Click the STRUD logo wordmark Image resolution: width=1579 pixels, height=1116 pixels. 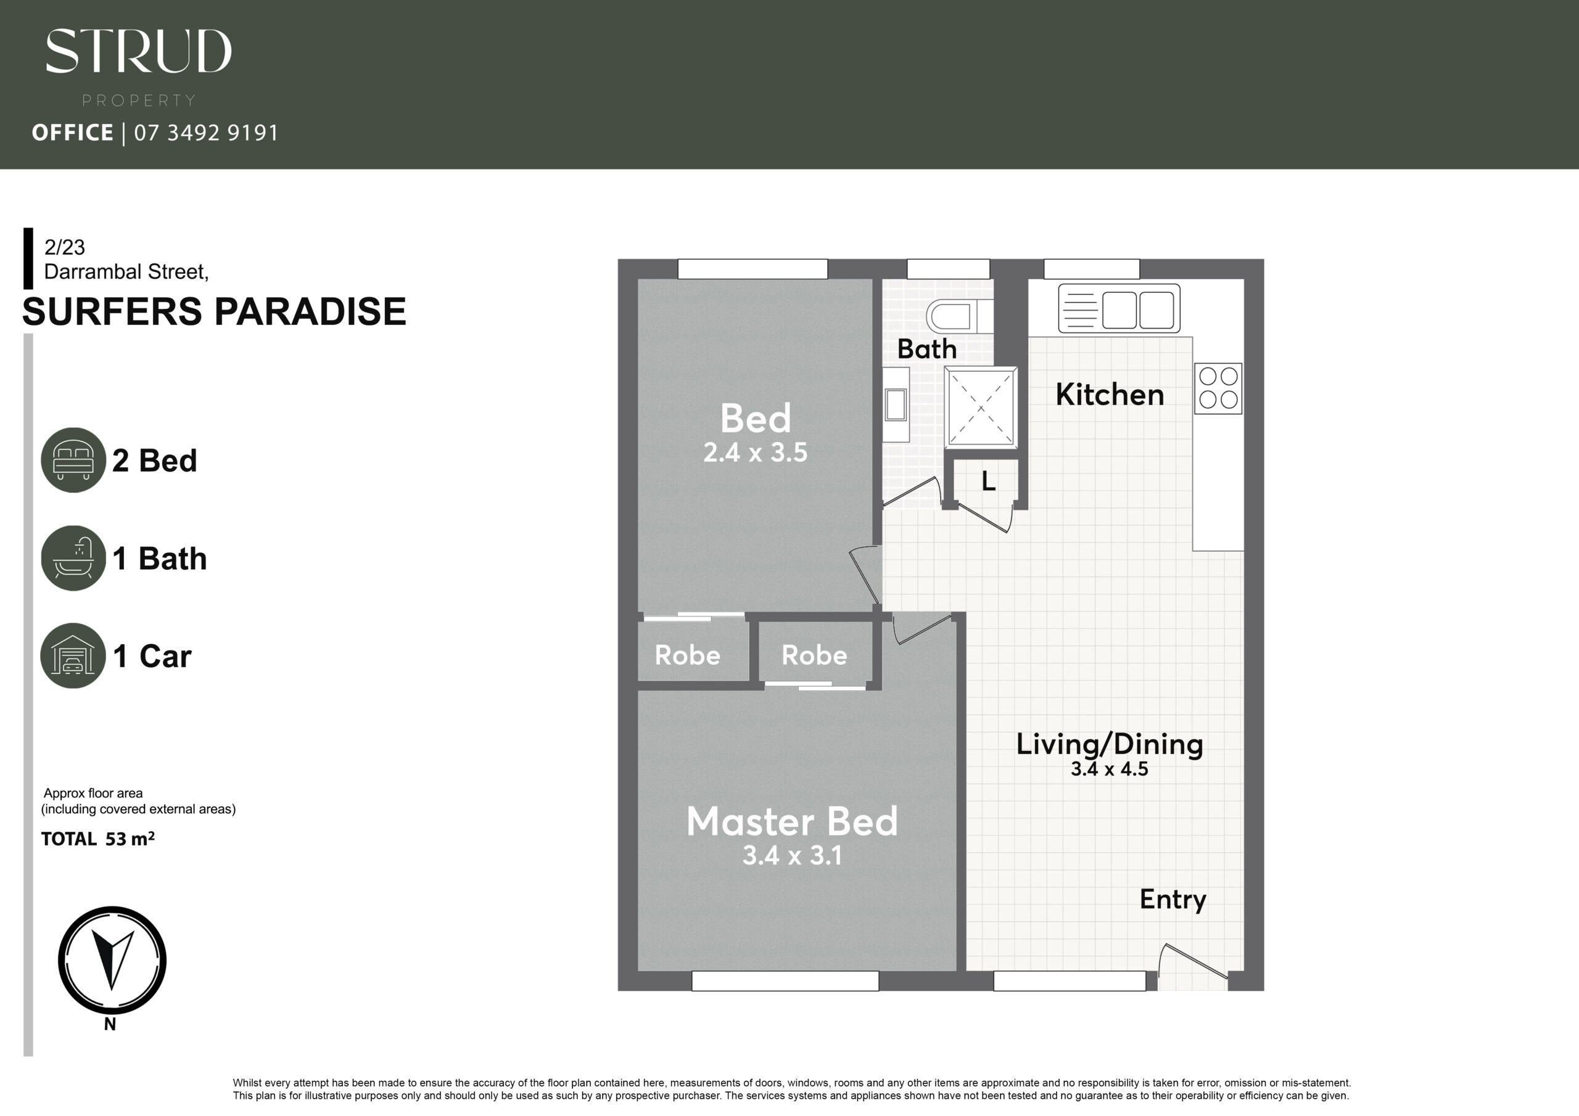[x=138, y=51]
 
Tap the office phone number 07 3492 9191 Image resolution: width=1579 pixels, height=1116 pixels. [x=206, y=133]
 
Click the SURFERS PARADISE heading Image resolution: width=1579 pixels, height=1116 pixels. [x=215, y=311]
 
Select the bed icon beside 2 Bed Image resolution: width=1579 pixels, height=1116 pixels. [x=73, y=460]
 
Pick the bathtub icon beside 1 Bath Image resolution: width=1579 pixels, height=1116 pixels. [x=73, y=557]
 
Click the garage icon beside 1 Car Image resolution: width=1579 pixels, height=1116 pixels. [x=73, y=655]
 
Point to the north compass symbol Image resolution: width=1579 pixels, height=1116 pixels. [x=112, y=960]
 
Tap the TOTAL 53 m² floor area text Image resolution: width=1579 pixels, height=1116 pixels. [x=97, y=839]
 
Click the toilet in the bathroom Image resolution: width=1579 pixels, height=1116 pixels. [x=959, y=316]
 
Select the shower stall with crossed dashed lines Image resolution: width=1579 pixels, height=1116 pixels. [x=981, y=408]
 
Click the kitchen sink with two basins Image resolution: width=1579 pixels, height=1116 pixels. [x=1119, y=309]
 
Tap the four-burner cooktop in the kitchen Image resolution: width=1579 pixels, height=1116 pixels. [x=1218, y=388]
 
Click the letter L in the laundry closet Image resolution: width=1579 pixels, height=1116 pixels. [x=988, y=482]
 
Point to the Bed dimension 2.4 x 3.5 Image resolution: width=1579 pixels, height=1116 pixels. [x=755, y=453]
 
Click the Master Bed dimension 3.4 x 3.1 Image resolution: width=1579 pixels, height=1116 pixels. [x=792, y=855]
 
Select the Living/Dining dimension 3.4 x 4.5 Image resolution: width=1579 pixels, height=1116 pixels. [x=1109, y=769]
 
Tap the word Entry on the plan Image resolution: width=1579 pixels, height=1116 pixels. [x=1173, y=900]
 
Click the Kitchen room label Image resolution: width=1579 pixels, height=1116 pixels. [x=1109, y=395]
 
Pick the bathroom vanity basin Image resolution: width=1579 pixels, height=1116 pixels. [x=896, y=404]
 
